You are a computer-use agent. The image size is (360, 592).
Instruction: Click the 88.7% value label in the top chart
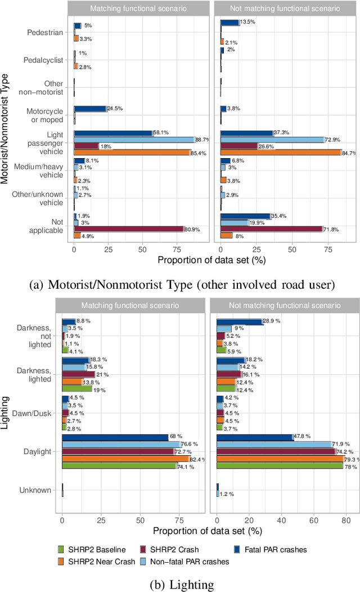tap(203, 140)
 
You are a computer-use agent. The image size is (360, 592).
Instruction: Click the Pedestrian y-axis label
tap(45, 33)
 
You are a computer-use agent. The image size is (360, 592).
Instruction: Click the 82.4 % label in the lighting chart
tap(198, 459)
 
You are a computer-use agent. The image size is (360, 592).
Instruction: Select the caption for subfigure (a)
tap(181, 285)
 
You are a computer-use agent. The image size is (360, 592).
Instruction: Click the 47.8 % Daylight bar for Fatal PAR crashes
tap(255, 437)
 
